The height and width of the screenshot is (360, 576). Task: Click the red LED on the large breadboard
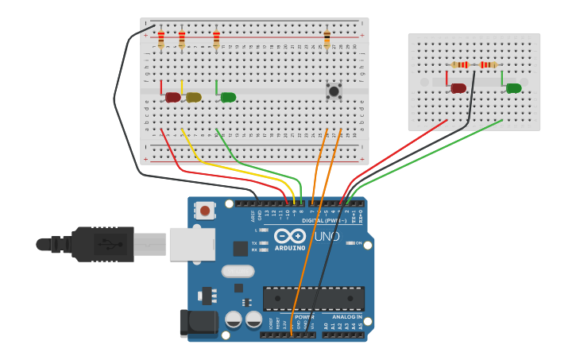coord(172,97)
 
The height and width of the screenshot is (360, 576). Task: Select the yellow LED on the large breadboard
coord(193,97)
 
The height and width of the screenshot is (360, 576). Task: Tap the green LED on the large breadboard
coord(228,97)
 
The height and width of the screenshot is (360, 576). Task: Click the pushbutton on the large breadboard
coord(334,91)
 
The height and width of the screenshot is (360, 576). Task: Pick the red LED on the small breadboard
coord(458,88)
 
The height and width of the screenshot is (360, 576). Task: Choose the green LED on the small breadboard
coord(513,88)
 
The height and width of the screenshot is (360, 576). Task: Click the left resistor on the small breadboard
coord(460,64)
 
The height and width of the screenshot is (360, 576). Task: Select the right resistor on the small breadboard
coord(488,64)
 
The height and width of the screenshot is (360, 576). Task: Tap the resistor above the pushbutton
coord(327,38)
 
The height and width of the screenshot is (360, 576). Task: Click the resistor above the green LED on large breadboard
coord(216,38)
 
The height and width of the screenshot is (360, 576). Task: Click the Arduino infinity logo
coord(290,236)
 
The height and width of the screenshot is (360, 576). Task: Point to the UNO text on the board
coord(327,236)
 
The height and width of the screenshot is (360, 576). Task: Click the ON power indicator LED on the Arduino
coord(350,243)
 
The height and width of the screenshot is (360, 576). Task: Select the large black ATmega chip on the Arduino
coord(314,298)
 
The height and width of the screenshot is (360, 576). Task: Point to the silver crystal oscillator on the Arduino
coord(238,271)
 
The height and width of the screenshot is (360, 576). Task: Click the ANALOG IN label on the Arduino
coord(346,316)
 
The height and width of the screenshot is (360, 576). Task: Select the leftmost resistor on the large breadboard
coord(161,38)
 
